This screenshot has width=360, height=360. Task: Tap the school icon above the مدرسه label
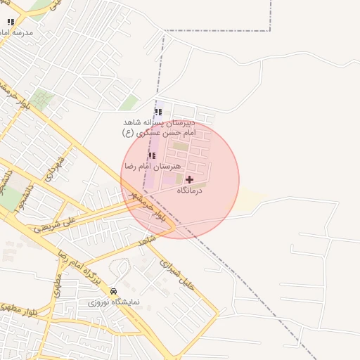pos(10,22)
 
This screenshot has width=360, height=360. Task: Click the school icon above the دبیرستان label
pos(157,111)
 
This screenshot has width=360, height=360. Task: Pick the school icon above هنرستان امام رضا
pos(151,155)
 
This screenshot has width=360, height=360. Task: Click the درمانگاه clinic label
pos(189,191)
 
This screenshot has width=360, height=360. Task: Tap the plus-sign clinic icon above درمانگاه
pos(189,180)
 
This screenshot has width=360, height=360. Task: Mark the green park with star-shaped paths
pos(42,98)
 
